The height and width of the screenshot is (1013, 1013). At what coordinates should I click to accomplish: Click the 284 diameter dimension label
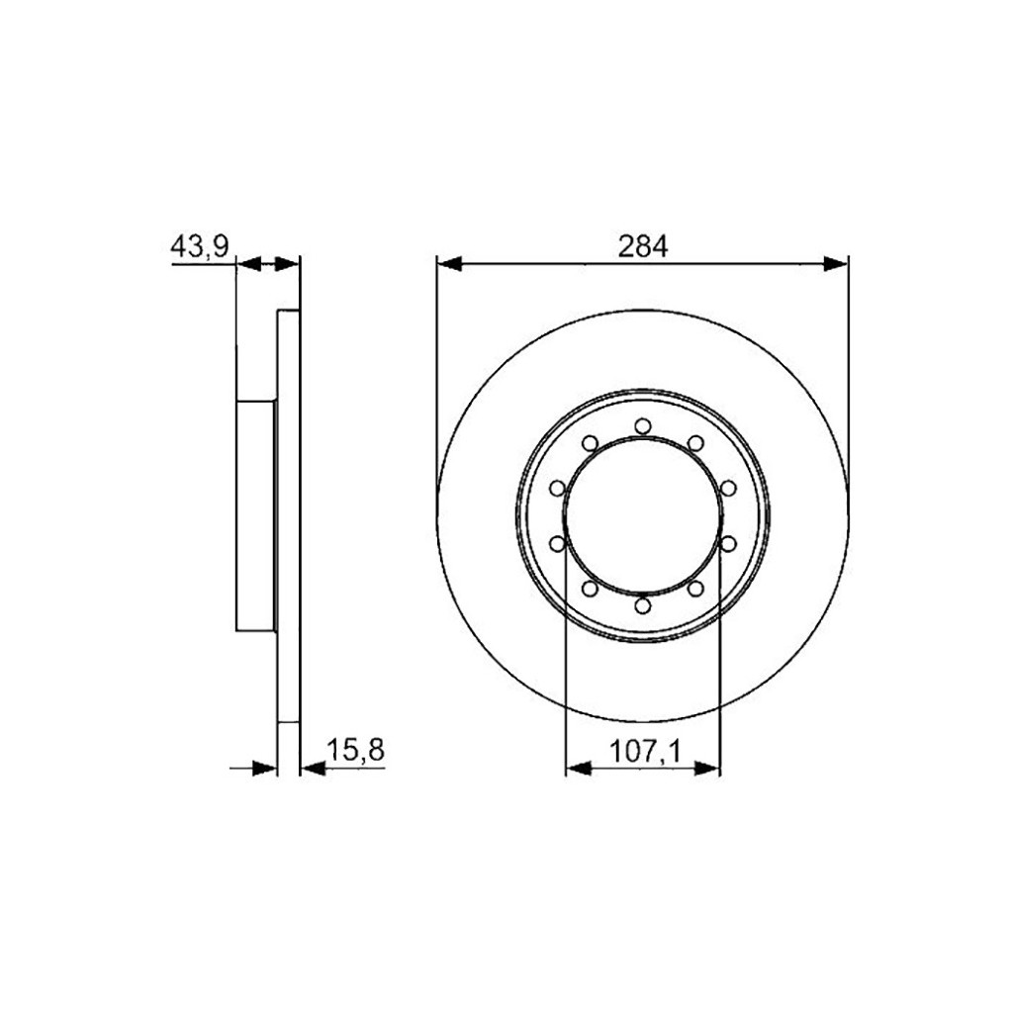pyautogui.click(x=643, y=246)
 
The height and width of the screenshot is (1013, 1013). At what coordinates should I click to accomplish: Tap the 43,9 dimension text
pyautogui.click(x=201, y=247)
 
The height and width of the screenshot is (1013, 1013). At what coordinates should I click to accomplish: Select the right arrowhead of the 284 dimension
pyautogui.click(x=836, y=263)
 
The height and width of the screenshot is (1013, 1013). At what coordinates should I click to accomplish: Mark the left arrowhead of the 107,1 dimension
pyautogui.click(x=577, y=767)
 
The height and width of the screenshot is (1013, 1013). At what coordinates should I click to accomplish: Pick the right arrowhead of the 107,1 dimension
pyautogui.click(x=708, y=767)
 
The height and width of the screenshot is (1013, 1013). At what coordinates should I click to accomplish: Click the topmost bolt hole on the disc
pyautogui.click(x=643, y=425)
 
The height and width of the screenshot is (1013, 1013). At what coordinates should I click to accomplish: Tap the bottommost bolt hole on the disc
pyautogui.click(x=643, y=604)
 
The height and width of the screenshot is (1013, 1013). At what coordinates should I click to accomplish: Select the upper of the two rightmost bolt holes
pyautogui.click(x=729, y=487)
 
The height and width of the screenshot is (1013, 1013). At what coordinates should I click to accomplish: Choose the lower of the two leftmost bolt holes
pyautogui.click(x=557, y=543)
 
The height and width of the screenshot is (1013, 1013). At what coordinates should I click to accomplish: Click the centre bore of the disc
pyautogui.click(x=643, y=514)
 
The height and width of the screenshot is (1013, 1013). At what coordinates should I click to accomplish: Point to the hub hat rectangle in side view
pyautogui.click(x=256, y=514)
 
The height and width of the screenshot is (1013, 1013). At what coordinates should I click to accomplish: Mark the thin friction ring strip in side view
pyautogui.click(x=287, y=514)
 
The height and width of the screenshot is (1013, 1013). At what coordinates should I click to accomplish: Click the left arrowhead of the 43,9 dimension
pyautogui.click(x=248, y=263)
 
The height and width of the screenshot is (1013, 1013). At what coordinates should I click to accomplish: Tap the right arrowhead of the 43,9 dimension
pyautogui.click(x=287, y=263)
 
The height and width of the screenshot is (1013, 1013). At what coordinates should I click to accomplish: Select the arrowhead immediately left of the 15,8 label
pyautogui.click(x=312, y=767)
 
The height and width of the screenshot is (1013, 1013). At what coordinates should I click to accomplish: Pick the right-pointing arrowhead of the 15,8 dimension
pyautogui.click(x=263, y=767)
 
